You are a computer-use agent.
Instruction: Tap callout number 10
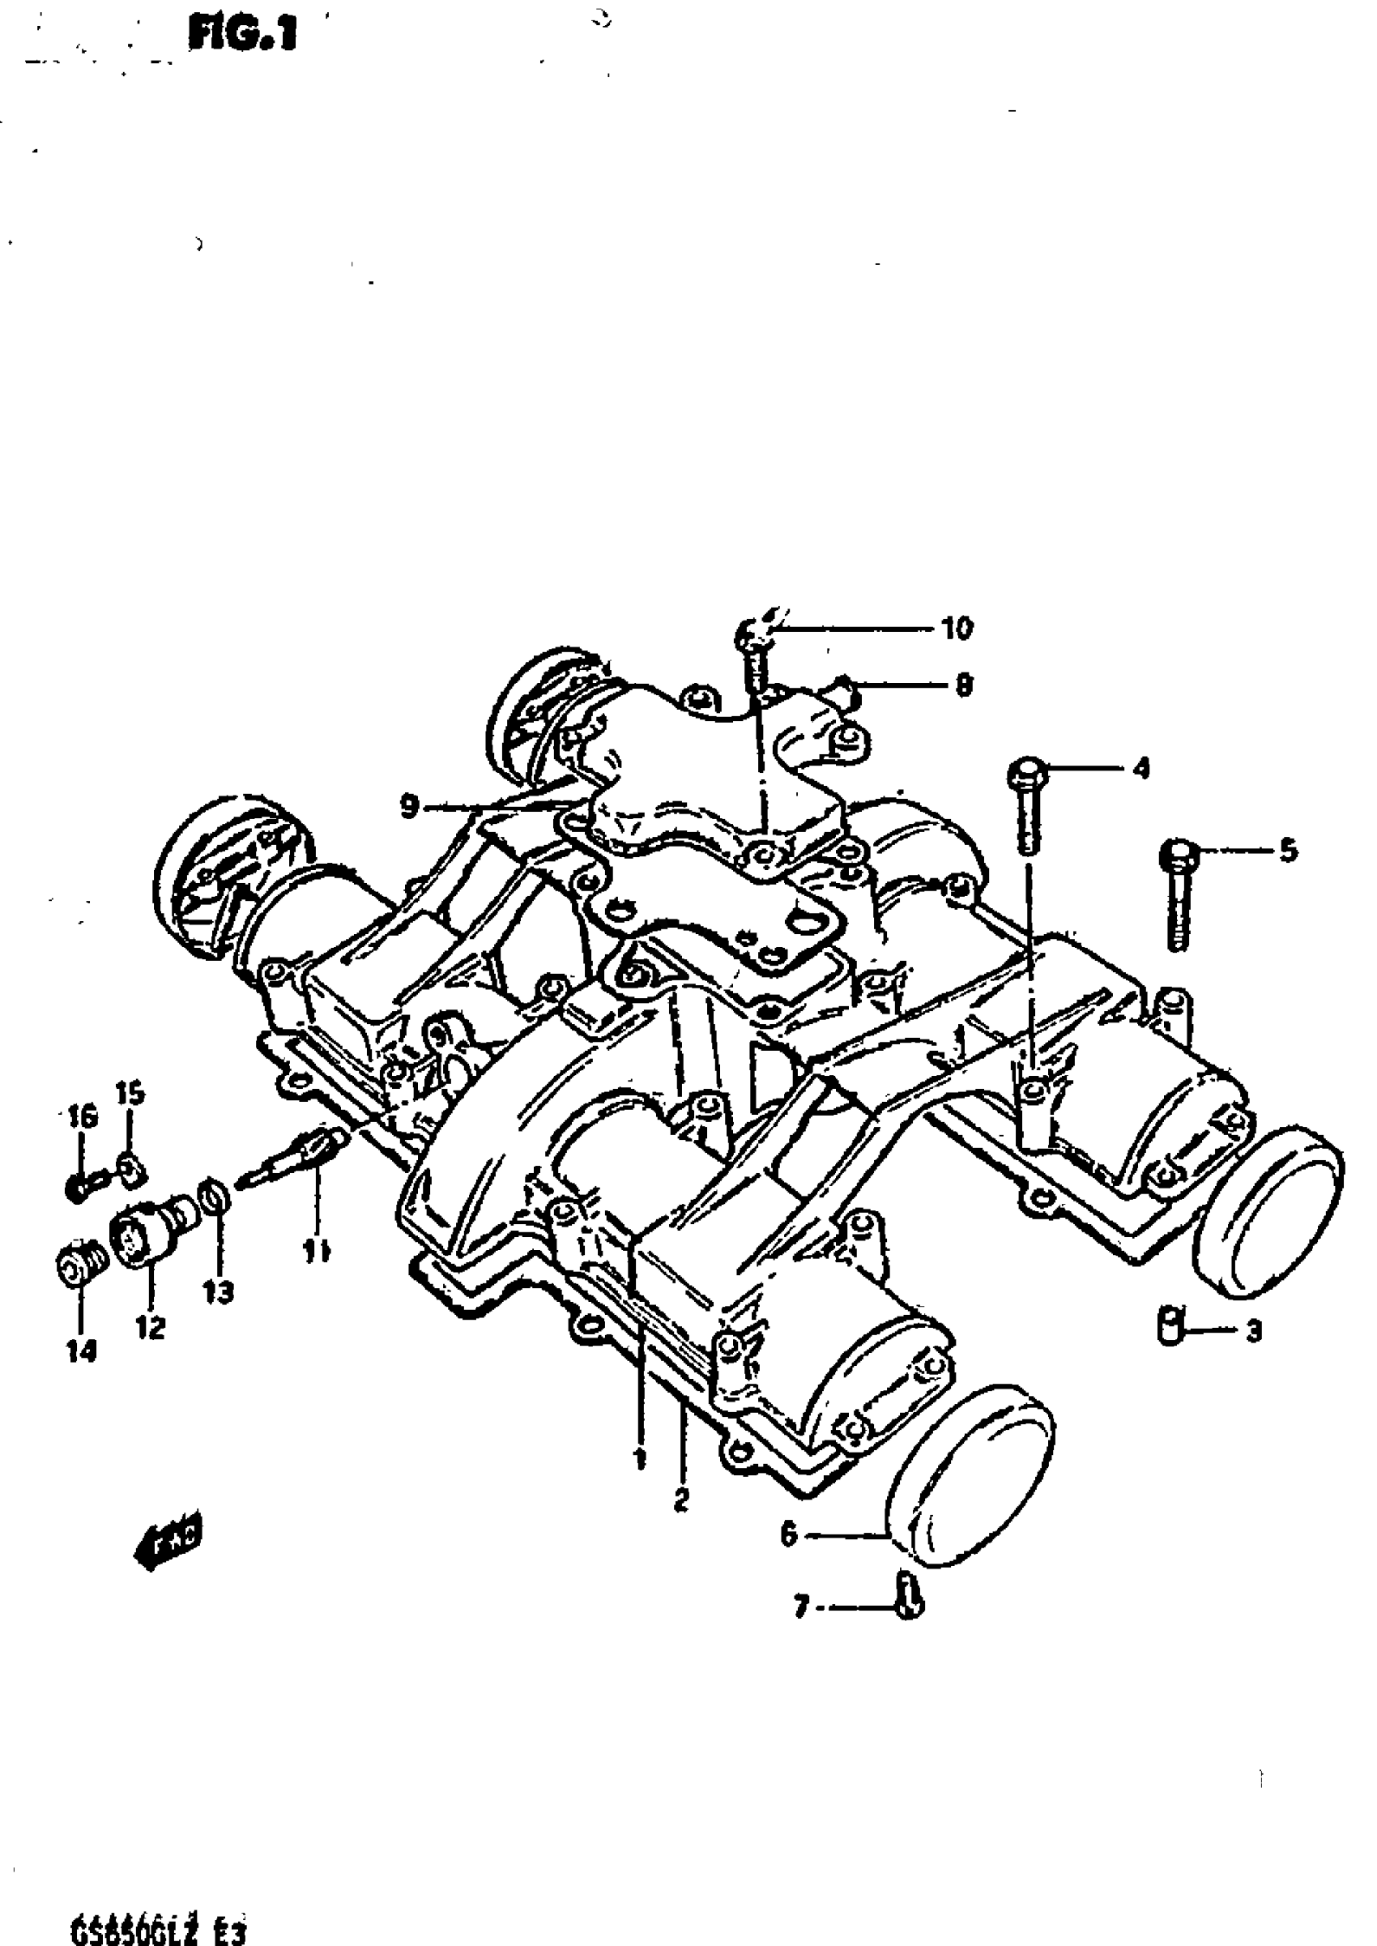pos(957,629)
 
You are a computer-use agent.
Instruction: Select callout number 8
pos(963,685)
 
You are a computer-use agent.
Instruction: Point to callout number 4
pos(1141,770)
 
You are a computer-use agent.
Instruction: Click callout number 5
pos(1288,851)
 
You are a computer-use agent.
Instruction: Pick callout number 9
pos(410,807)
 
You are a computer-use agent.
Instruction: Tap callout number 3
pos(1253,1331)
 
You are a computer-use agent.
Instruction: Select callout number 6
pos(789,1534)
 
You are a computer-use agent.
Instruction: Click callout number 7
pos(801,1607)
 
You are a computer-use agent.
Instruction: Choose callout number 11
pos(318,1251)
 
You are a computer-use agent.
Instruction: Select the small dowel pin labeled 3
pos(1168,1325)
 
